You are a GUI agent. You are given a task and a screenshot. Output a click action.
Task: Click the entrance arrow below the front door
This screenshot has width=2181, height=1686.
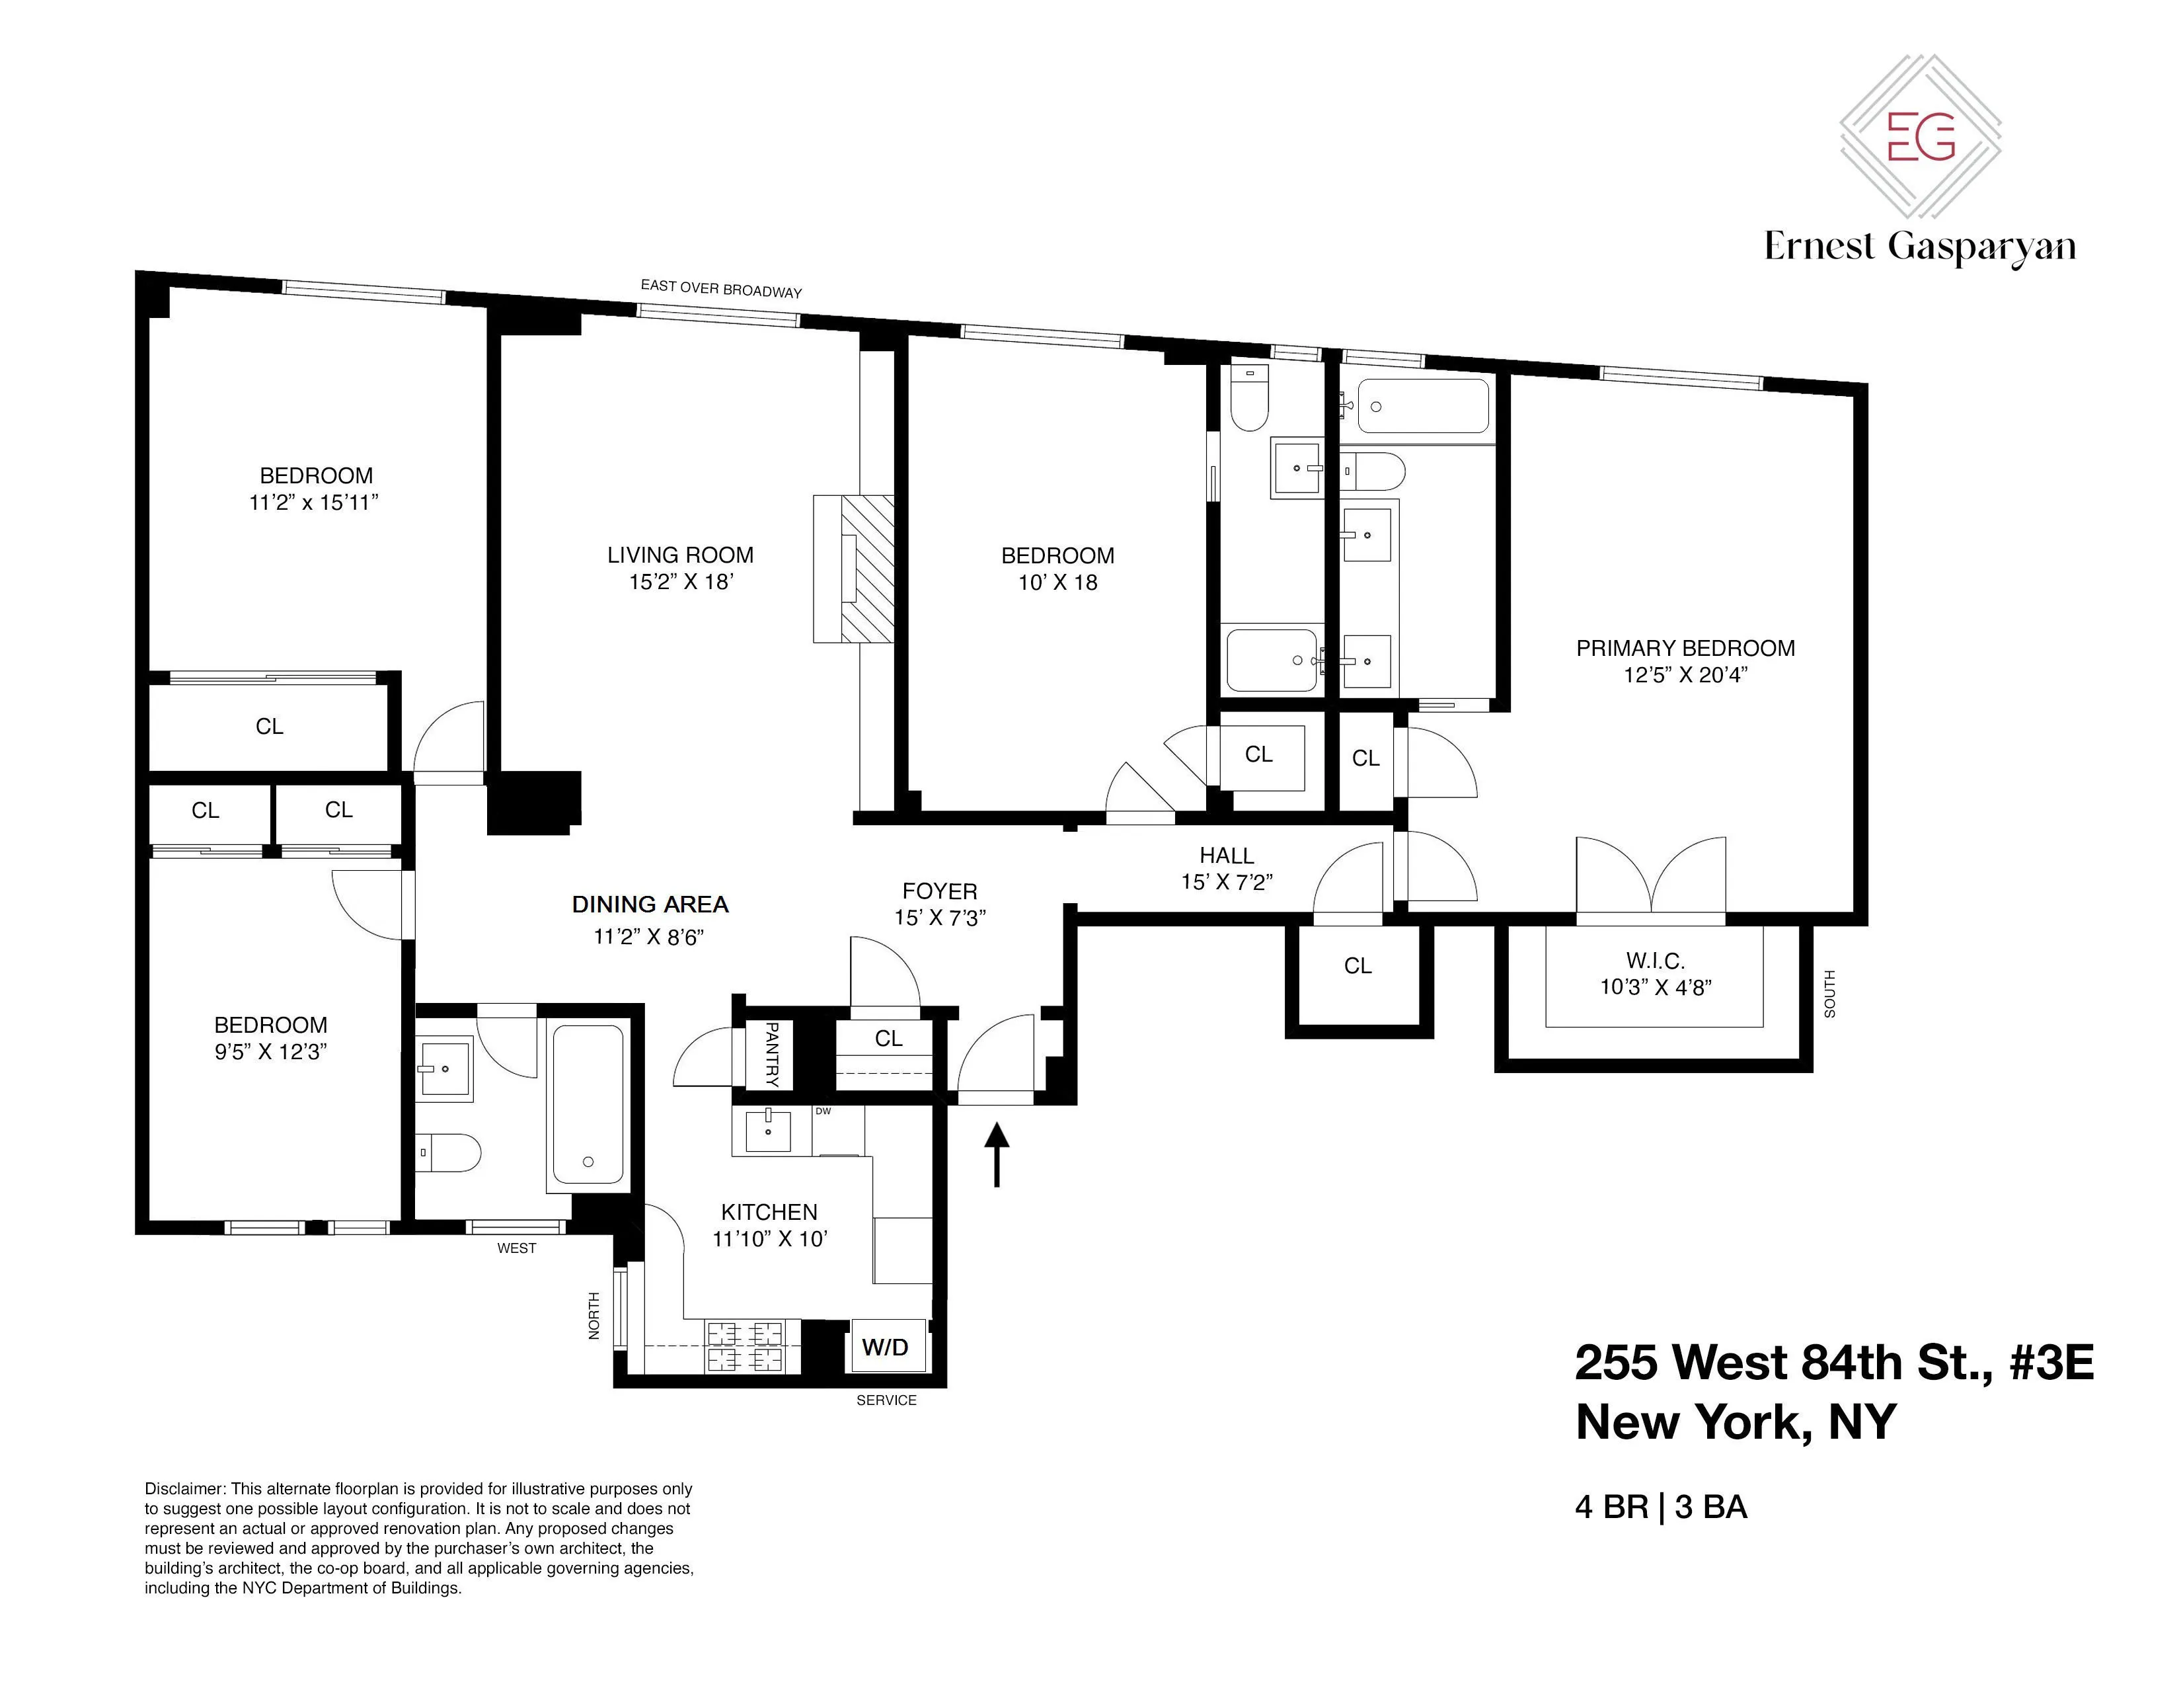(997, 1154)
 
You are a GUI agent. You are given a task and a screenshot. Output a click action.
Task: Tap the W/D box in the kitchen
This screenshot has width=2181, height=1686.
(885, 1347)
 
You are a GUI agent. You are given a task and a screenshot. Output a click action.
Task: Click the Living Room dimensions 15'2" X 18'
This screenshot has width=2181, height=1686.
(680, 581)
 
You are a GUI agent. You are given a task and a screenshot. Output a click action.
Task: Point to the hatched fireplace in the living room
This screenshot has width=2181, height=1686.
(866, 569)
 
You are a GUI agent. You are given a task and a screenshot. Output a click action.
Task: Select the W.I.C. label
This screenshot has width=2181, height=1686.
(1655, 961)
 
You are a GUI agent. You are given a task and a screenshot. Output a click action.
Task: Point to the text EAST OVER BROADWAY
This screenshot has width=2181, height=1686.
(721, 289)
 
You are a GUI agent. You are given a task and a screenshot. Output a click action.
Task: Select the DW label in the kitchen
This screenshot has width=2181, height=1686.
(823, 1111)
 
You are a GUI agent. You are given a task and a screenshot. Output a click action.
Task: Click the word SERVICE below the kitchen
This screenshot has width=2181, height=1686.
(886, 1400)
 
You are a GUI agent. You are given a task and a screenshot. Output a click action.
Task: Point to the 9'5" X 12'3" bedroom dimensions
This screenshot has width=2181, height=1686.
(270, 1052)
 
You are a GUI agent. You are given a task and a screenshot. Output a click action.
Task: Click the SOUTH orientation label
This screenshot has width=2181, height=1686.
(1829, 993)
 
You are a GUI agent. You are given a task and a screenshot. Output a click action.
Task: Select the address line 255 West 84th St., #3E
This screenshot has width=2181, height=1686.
(1833, 1363)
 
